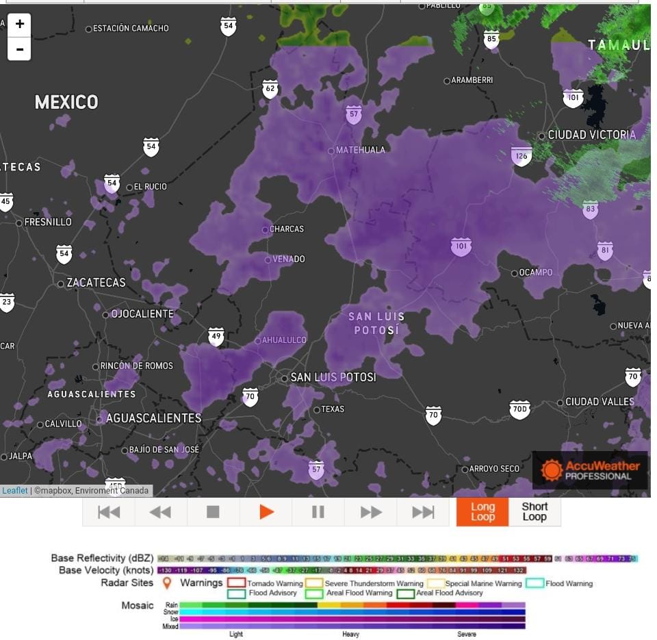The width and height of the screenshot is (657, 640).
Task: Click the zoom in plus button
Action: pos(19,24)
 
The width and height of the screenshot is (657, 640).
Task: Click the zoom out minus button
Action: pos(19,49)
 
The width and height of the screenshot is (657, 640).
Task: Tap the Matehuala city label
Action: pos(360,150)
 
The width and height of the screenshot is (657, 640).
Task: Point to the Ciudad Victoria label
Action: pos(591,135)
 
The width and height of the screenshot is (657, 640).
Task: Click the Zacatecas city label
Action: pos(96,283)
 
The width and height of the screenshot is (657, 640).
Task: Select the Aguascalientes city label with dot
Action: pos(153,418)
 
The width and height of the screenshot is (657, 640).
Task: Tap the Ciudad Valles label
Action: pos(600,402)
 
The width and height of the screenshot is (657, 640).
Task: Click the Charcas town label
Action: pos(286,229)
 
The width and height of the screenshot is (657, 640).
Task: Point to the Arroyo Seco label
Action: pos(494,469)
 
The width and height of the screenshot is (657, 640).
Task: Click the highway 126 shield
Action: pos(521,156)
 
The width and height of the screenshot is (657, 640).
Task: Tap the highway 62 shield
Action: pos(270,89)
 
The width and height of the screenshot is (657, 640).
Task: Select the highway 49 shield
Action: pos(216,336)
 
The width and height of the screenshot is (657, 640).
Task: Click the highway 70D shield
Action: pos(519,410)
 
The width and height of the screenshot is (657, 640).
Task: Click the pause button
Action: pos(318,512)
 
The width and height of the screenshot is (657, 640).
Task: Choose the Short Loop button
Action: pos(534,512)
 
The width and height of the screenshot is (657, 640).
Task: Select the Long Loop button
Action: pos(482,512)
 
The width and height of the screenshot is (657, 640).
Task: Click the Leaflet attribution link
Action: pos(14,490)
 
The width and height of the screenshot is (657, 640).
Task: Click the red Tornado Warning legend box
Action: pos(236,583)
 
